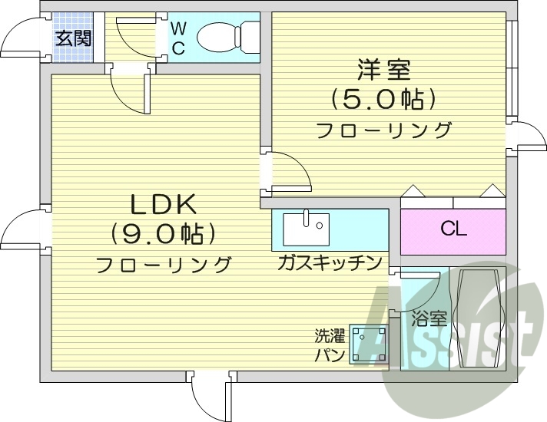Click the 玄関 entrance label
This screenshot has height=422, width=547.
pyautogui.click(x=73, y=37)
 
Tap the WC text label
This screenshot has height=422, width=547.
pyautogui.click(x=177, y=38)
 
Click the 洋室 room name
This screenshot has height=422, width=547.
pyautogui.click(x=383, y=71)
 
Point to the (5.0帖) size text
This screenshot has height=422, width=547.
pyautogui.click(x=383, y=99)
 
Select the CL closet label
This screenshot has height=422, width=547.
pyautogui.click(x=453, y=229)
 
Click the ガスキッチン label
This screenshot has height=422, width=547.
pyautogui.click(x=330, y=264)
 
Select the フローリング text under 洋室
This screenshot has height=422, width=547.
pyautogui.click(x=384, y=130)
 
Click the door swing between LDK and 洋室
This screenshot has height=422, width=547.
pyautogui.click(x=290, y=173)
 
